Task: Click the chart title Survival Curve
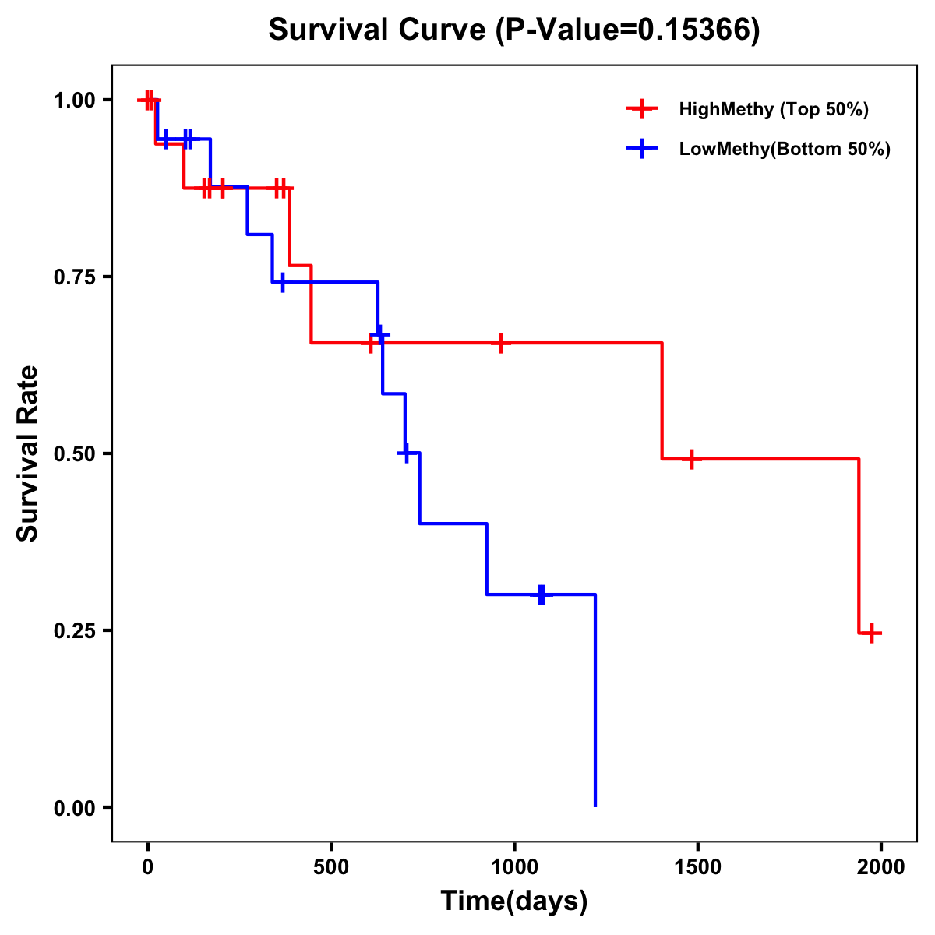(377, 30)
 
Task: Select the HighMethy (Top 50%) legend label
(773, 109)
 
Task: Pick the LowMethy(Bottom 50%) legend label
(784, 150)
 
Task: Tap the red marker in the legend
(641, 109)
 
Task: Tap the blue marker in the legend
(641, 149)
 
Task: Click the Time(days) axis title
(514, 901)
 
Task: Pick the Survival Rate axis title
(28, 453)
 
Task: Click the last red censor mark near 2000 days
(872, 633)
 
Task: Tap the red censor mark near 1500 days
(690, 459)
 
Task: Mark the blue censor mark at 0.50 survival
(405, 453)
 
